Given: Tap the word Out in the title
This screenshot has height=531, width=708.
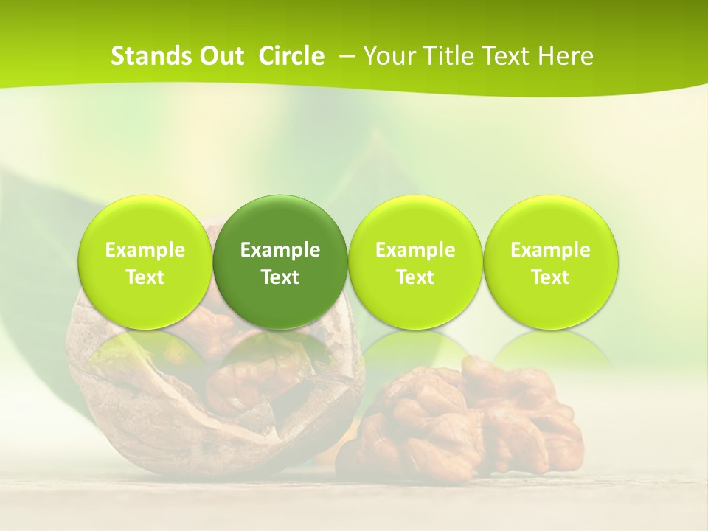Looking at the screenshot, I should tap(220, 56).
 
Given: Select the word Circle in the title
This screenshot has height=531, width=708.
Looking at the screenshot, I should tap(291, 56).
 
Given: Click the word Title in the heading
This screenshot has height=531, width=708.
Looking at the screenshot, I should tap(445, 56).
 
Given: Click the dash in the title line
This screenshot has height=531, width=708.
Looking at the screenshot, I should tap(345, 56).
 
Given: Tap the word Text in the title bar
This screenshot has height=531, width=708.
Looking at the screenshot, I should tap(504, 56).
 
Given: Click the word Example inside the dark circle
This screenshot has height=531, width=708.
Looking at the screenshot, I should tap(280, 250).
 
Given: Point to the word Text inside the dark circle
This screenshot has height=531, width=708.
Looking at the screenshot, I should tap(280, 277).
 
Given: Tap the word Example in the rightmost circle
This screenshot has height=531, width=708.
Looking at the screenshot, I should tap(550, 250).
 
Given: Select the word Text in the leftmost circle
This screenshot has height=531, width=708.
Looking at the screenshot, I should tap(145, 277).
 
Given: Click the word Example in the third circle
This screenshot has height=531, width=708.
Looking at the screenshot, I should tap(415, 250).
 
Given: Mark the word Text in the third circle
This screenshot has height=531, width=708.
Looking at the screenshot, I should tap(415, 277).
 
